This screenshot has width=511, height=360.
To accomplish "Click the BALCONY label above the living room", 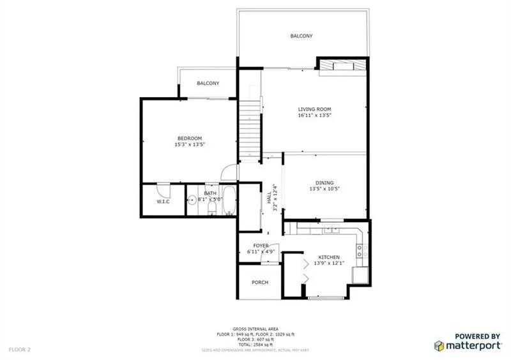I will click(301, 36).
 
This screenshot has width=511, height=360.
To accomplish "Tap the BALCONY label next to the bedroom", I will click(208, 84).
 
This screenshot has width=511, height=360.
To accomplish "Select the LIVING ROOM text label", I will click(314, 109).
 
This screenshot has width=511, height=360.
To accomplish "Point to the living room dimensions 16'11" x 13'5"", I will click(314, 116).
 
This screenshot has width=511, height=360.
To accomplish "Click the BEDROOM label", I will click(189, 139).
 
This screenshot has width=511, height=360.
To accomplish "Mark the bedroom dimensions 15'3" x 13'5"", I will click(189, 145).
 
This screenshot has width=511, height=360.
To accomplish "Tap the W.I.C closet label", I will click(163, 202).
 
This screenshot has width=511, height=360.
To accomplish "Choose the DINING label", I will click(324, 183).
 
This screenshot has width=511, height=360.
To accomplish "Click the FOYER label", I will click(260, 246).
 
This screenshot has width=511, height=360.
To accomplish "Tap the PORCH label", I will click(259, 282).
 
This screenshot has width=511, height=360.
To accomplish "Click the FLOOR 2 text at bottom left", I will click(20, 349).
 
